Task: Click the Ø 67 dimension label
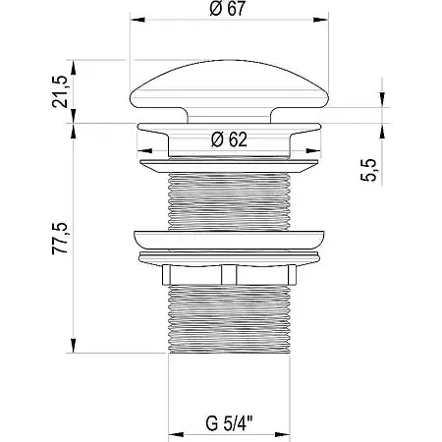pyautogui.click(x=228, y=9)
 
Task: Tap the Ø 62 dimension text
pyautogui.click(x=229, y=139)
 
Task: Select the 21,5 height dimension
pyautogui.click(x=60, y=91)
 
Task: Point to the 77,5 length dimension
pyautogui.click(x=60, y=238)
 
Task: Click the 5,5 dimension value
pyautogui.click(x=368, y=170)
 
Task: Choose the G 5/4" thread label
pyautogui.click(x=229, y=423)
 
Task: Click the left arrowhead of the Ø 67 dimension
pyautogui.click(x=138, y=20)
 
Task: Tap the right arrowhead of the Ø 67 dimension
pyautogui.click(x=321, y=20)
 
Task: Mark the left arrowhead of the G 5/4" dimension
pyautogui.click(x=176, y=435)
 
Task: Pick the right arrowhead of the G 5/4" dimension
pyautogui.click(x=283, y=435)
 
